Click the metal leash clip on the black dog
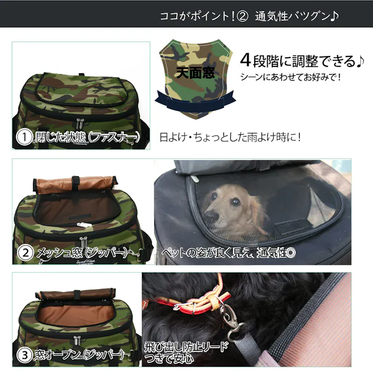(x=228, y=320)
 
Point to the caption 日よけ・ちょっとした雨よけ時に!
(x=230, y=138)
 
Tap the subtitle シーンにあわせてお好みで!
(x=290, y=77)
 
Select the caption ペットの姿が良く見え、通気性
(x=228, y=253)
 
